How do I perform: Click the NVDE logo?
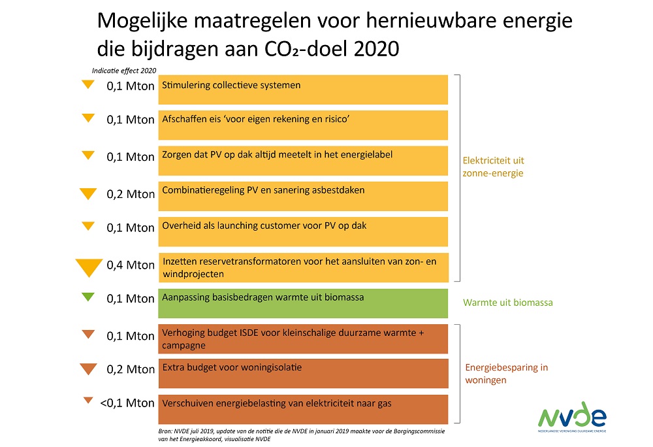pyautogui.click(x=572, y=416)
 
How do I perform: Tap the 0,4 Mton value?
pyautogui.click(x=131, y=265)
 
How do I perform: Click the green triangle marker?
pyautogui.click(x=88, y=297)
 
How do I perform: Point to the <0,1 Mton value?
pyautogui.click(x=127, y=403)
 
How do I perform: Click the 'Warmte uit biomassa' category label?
pyautogui.click(x=507, y=303)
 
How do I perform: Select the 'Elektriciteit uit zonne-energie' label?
pyautogui.click(x=493, y=167)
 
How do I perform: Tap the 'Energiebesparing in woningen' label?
pyautogui.click(x=507, y=374)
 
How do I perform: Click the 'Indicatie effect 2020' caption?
pyautogui.click(x=124, y=71)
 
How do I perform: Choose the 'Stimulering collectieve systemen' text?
pyautogui.click(x=231, y=85)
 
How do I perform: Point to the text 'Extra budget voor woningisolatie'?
pyautogui.click(x=232, y=367)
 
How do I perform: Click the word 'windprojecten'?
pyautogui.click(x=193, y=274)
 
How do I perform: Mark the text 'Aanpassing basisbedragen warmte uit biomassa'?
pyautogui.click(x=263, y=297)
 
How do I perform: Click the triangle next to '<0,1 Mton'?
pyautogui.click(x=88, y=401)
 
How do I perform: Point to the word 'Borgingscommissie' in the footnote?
pyautogui.click(x=419, y=431)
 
